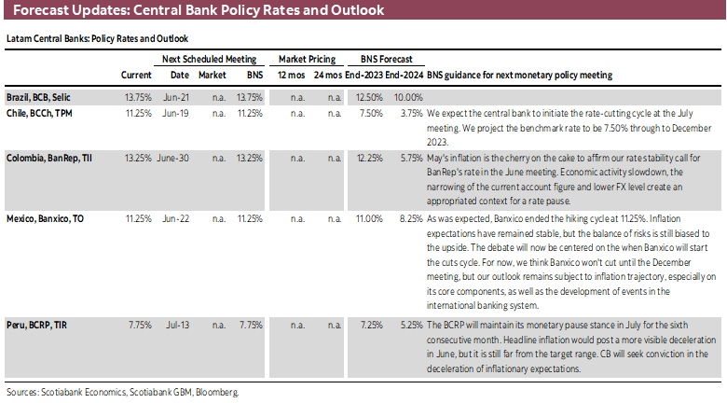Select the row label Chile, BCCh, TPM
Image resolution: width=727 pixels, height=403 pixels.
pyautogui.click(x=39, y=111)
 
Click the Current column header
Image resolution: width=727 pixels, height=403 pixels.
pyautogui.click(x=136, y=75)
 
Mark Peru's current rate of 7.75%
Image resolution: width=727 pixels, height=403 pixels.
pyautogui.click(x=139, y=326)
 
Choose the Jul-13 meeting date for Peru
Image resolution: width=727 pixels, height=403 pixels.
pyautogui.click(x=181, y=326)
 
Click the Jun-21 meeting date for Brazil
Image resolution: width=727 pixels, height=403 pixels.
pyautogui.click(x=180, y=96)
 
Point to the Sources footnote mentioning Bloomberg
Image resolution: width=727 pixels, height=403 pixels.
pyautogui.click(x=121, y=392)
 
